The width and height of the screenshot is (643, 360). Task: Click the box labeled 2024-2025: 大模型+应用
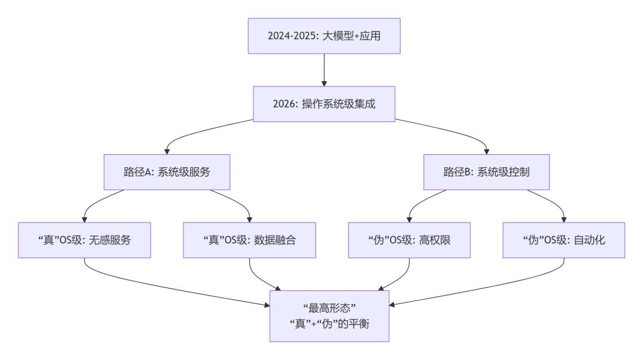point(324,35)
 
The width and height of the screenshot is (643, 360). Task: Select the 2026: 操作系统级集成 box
point(324,104)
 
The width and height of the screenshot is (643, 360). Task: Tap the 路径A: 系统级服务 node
point(167,173)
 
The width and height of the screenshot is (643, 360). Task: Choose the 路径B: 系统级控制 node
point(486,173)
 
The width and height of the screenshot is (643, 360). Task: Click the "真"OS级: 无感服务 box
point(85,240)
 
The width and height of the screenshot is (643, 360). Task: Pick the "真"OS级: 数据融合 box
point(249,240)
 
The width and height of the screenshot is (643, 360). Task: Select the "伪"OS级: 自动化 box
point(564,240)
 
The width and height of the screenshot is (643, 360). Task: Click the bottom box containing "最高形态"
point(329,315)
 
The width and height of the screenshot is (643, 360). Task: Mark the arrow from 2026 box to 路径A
point(196,133)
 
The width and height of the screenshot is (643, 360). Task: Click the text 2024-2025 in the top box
point(292,35)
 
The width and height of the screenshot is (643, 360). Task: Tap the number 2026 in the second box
point(282,104)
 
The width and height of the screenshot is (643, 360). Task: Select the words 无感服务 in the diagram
point(117,240)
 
